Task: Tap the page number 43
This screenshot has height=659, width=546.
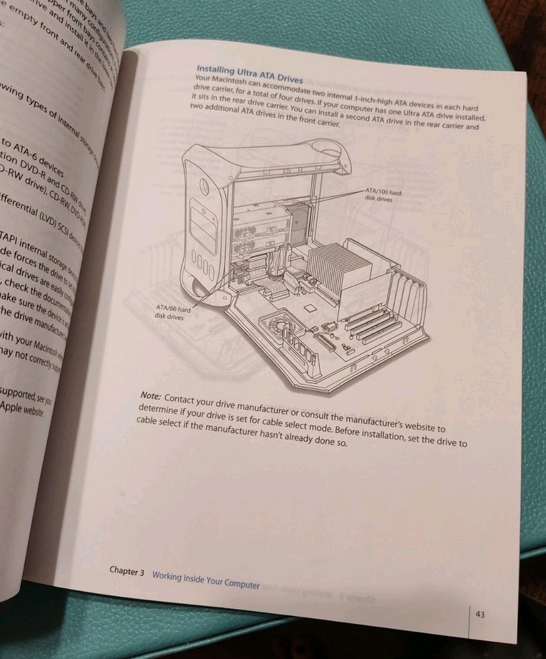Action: tap(480, 615)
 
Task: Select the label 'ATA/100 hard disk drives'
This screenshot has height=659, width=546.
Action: tap(383, 195)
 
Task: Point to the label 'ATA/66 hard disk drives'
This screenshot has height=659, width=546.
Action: tap(173, 311)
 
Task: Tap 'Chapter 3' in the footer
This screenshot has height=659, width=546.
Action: tap(127, 572)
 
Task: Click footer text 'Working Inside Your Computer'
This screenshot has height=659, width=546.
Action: tap(205, 579)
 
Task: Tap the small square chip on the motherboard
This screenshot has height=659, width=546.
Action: tap(307, 308)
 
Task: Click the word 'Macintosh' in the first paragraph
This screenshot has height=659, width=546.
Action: tap(231, 81)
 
